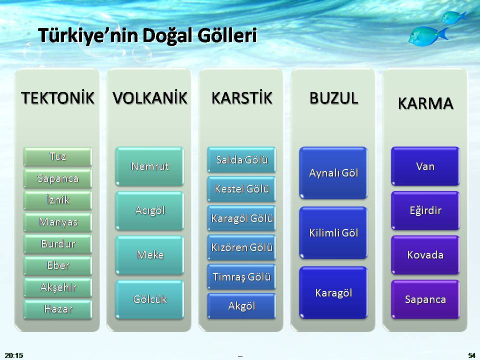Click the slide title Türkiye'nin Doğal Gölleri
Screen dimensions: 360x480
147,36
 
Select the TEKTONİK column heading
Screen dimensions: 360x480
57,98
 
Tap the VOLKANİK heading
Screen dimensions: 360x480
150,98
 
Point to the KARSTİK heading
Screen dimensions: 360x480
242,98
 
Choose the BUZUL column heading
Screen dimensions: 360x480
333,98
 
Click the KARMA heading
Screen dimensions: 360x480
425,103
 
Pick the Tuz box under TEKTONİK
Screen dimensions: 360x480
58,156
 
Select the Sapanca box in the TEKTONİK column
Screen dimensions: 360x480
58,178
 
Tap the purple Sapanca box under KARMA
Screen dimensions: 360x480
425,299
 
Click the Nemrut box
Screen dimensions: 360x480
150,166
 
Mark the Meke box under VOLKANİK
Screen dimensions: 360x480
150,255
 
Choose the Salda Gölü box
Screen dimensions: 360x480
242,160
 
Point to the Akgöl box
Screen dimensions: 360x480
242,306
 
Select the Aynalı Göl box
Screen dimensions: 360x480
333,173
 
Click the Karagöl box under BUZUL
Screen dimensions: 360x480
333,293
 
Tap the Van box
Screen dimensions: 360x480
425,166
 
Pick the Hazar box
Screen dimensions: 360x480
58,309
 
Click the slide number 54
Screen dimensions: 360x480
471,355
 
